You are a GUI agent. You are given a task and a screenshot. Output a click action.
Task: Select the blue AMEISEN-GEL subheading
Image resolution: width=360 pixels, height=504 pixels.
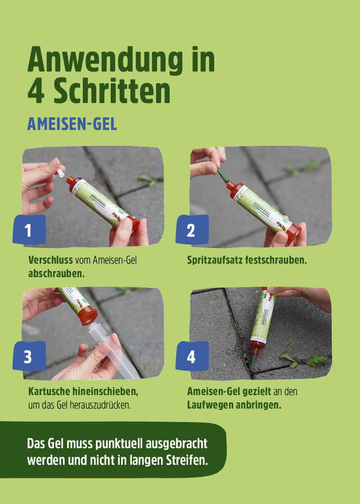tap(72, 124)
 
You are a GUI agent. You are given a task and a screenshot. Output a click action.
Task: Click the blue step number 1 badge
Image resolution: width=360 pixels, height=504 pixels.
tap(29, 230)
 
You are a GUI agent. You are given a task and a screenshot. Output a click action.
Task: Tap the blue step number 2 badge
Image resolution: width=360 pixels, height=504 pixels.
tap(191, 230)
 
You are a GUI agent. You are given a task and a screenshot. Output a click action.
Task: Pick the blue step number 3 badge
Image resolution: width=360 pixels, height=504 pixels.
tap(29, 356)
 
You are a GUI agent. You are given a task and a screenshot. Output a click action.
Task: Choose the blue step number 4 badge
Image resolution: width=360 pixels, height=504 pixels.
tap(191, 356)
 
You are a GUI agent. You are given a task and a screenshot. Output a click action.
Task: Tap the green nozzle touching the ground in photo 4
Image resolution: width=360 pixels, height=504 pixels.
tap(253, 360)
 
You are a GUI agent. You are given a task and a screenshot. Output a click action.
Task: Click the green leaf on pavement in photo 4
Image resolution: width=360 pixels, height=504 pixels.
tap(317, 359)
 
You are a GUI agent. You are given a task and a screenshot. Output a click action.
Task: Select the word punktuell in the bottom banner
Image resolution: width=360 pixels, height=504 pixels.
tap(118, 443)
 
